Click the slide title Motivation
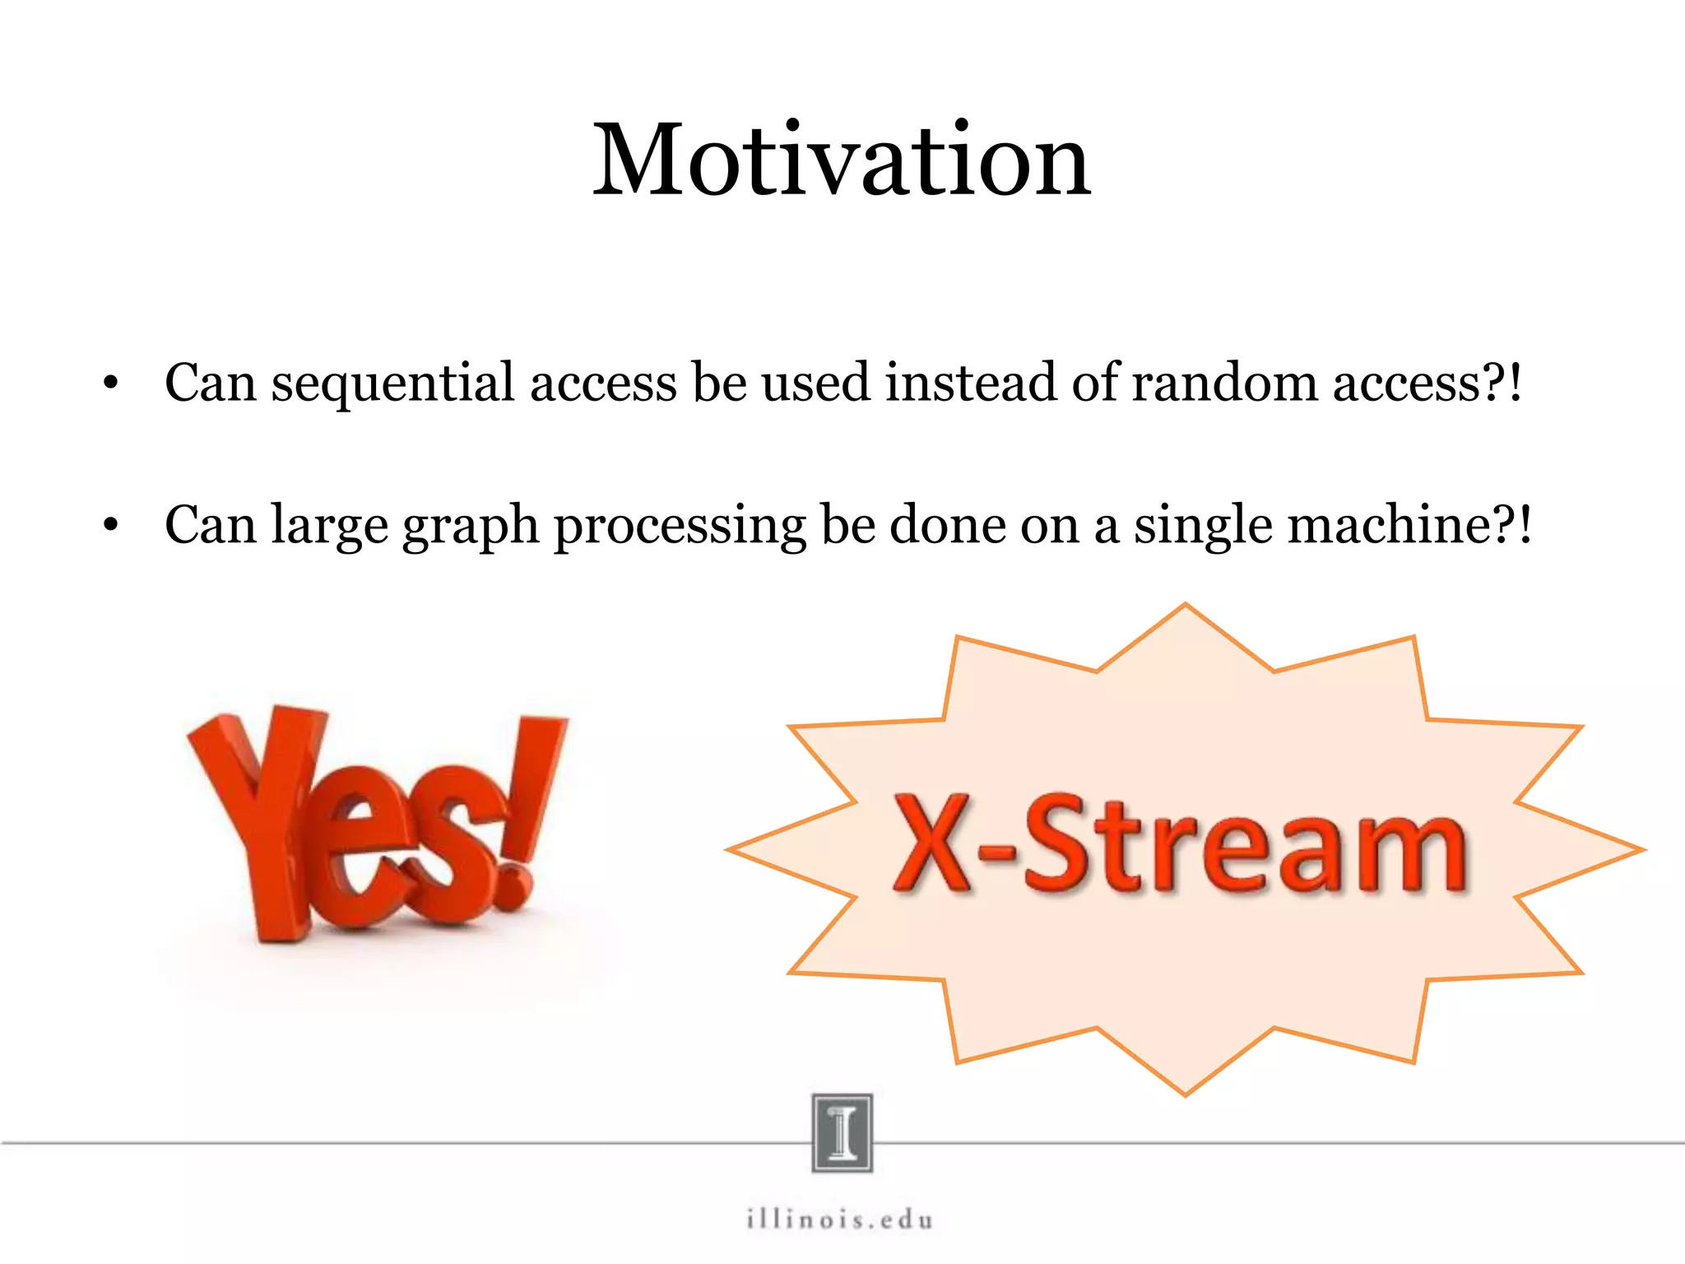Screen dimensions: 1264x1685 coord(842,160)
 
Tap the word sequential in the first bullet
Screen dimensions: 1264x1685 coord(392,383)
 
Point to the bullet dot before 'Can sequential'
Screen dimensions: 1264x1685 coord(111,383)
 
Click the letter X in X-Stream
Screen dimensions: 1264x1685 coord(933,845)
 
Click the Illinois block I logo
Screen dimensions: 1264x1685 coord(842,1132)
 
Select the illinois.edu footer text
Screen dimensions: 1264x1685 coord(840,1219)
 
